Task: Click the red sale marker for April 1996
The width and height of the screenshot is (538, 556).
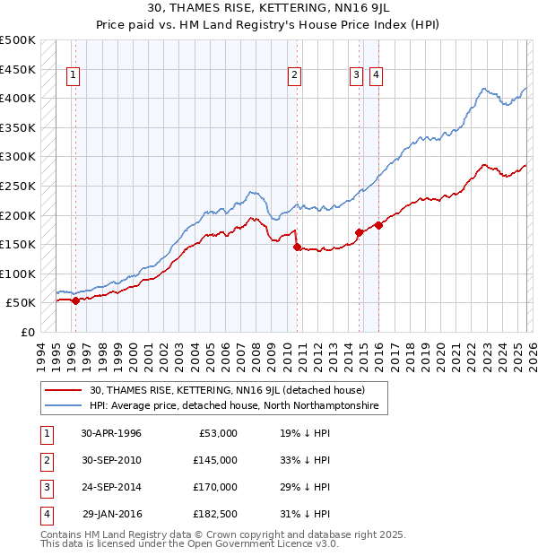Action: click(75, 301)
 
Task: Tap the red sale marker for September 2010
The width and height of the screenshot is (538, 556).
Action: click(297, 248)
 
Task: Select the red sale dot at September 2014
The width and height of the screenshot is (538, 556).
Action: click(360, 232)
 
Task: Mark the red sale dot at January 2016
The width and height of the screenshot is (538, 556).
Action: click(379, 225)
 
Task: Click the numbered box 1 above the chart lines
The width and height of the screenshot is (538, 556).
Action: click(72, 76)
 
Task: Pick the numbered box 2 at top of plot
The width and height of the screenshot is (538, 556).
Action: click(294, 76)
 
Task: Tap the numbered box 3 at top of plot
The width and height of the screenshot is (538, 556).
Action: click(357, 76)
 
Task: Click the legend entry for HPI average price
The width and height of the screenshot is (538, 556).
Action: click(234, 406)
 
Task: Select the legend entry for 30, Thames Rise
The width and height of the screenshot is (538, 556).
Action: click(227, 390)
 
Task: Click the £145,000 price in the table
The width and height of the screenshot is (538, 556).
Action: click(214, 460)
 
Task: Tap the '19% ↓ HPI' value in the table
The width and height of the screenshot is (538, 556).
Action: click(305, 433)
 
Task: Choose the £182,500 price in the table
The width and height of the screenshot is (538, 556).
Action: click(214, 514)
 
